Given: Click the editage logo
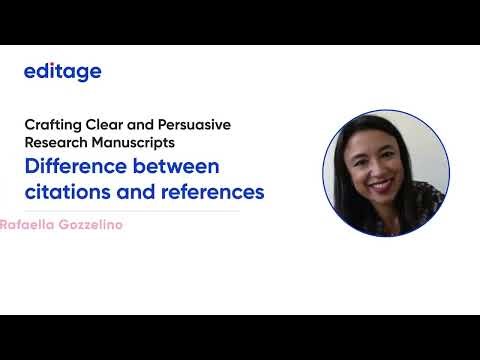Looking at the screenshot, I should (x=62, y=72).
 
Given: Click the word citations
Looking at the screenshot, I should (x=67, y=190).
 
